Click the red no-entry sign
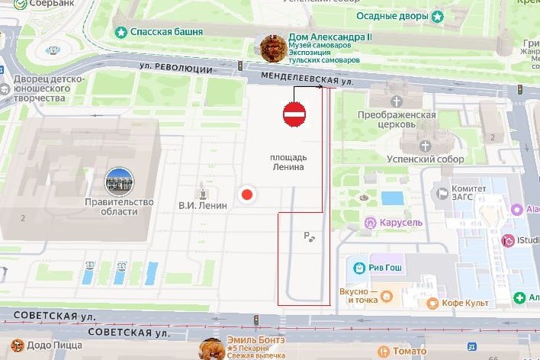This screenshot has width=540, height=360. [x=294, y=114]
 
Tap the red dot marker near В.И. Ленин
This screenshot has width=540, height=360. [x=246, y=194]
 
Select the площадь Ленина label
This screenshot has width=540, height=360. [x=288, y=162]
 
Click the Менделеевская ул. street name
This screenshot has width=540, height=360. [x=307, y=78]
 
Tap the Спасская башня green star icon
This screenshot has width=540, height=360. [x=121, y=32]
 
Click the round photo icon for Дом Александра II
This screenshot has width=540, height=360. [x=273, y=48]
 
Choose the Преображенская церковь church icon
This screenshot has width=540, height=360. [x=396, y=101]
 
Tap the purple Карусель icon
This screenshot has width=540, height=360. [x=369, y=223]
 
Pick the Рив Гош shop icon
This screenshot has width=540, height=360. [x=358, y=268]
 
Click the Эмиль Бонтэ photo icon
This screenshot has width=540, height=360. [x=211, y=349]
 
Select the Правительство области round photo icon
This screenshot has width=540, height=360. [x=119, y=181]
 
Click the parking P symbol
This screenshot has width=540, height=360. [x=307, y=236]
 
